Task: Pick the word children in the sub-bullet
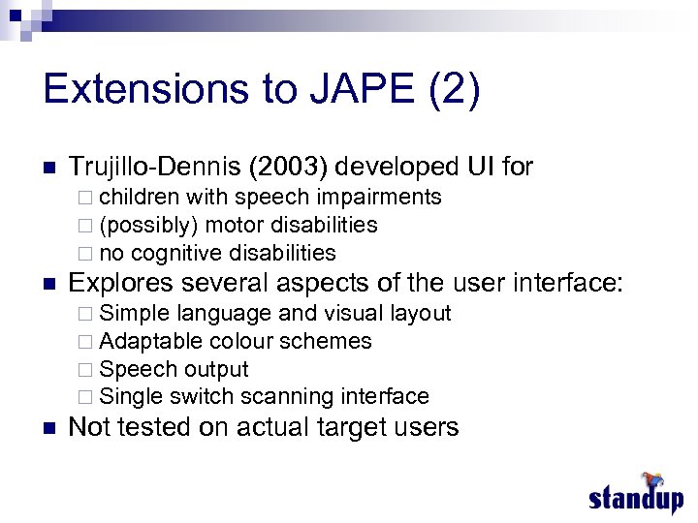pos(139,198)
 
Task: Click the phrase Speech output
pos(174,369)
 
